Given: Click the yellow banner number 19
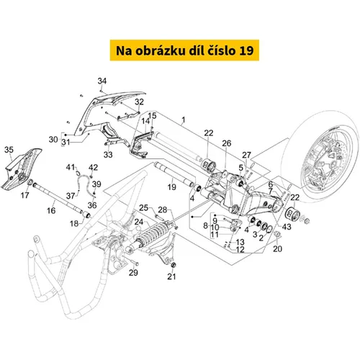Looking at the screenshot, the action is pos(246,50).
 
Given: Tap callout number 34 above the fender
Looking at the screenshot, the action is pos(102,81).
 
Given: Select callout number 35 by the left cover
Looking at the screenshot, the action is pos(9,150).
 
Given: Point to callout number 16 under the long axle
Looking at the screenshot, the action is pos(51,210).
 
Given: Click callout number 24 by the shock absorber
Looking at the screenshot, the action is pos(139,222).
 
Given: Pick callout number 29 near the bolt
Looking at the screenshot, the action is pos(133,272).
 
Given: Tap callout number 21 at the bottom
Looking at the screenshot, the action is pos(171,276).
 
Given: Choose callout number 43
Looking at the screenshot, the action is pos(287,227).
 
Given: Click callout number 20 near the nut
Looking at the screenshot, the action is pos(277,248).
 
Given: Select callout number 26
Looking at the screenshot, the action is pos(227,143).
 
